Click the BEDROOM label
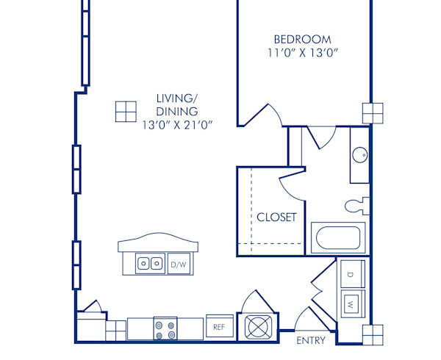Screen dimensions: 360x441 302,39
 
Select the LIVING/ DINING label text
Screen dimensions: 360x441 177,104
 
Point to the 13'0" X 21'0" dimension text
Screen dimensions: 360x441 177,125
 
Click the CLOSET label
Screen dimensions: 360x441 276,217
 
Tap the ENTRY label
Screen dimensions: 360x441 311,341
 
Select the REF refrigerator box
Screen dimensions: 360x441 219,327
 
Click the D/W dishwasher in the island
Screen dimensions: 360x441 178,264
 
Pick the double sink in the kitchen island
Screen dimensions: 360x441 151,263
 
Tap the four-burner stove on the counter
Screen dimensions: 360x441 165,328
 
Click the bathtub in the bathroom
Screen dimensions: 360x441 337,238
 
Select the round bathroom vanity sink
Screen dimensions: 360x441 359,155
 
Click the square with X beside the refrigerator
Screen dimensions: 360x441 259,325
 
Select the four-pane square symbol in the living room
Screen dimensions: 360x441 126,110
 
